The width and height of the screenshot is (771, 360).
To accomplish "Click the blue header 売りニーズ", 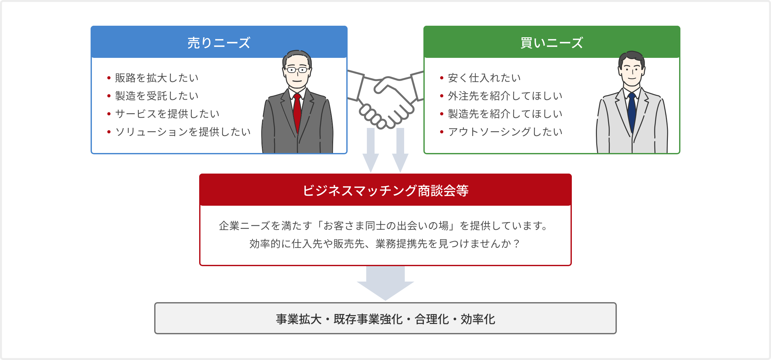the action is (x=219, y=43).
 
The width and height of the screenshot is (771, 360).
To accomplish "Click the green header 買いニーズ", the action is (x=552, y=43).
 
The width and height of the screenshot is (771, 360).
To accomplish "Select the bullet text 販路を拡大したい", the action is (x=157, y=78).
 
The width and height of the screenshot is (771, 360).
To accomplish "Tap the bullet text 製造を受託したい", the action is (x=157, y=96).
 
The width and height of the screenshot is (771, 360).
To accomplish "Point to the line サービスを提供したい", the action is (x=167, y=114).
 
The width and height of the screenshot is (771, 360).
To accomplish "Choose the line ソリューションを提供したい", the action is (x=183, y=132).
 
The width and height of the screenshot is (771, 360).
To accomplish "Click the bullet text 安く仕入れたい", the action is (x=484, y=78).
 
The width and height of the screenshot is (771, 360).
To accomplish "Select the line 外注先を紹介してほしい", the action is (x=505, y=96).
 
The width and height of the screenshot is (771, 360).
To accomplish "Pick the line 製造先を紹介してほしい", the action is (x=505, y=114).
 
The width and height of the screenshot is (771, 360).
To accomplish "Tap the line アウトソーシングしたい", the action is (x=505, y=132).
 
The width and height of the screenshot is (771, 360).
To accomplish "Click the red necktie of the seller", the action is (x=297, y=113).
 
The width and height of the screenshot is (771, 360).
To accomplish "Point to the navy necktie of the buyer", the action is (x=632, y=113).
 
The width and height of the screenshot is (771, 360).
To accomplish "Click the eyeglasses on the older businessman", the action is (x=297, y=69).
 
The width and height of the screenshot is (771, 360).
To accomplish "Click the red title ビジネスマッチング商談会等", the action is (x=385, y=191).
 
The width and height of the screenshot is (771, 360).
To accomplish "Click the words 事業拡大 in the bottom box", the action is (x=299, y=319).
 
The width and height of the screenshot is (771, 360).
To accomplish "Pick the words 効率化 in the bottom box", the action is (x=478, y=319).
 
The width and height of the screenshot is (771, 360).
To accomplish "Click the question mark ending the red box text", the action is (x=516, y=244).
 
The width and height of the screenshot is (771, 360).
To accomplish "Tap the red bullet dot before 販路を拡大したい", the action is (x=109, y=78).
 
